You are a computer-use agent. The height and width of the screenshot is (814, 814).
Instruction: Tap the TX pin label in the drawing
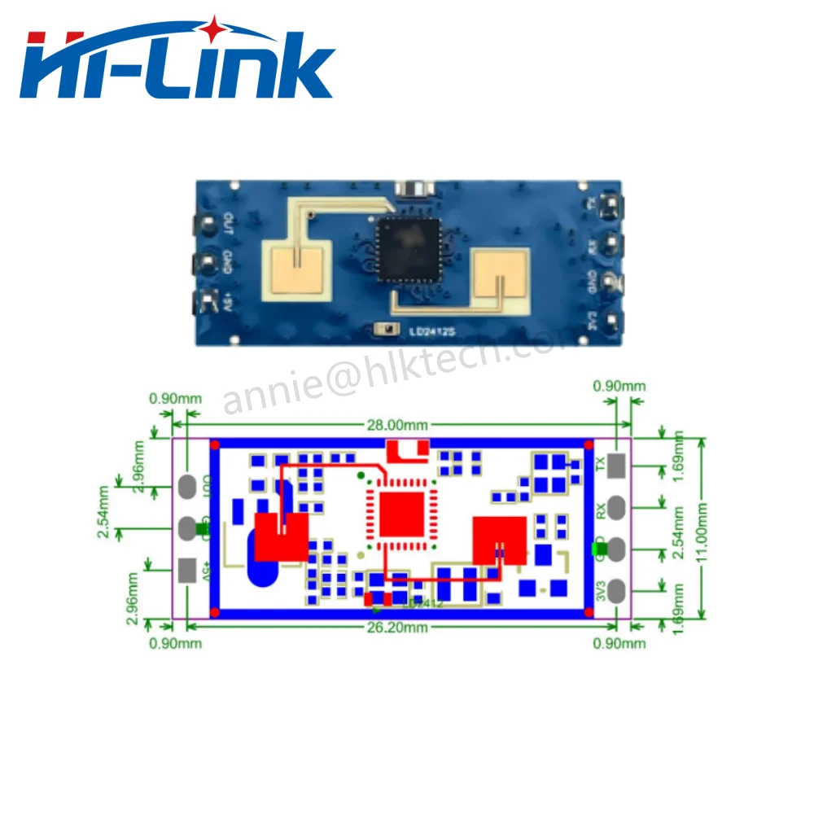coord(601,465)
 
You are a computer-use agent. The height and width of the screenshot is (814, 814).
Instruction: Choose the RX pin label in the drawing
coord(601,510)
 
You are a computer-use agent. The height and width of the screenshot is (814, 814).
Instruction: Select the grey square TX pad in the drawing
coord(617,466)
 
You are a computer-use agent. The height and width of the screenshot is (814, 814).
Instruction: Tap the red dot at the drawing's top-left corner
coord(215,444)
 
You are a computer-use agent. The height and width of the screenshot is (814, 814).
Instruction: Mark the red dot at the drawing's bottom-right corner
coord(588,611)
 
